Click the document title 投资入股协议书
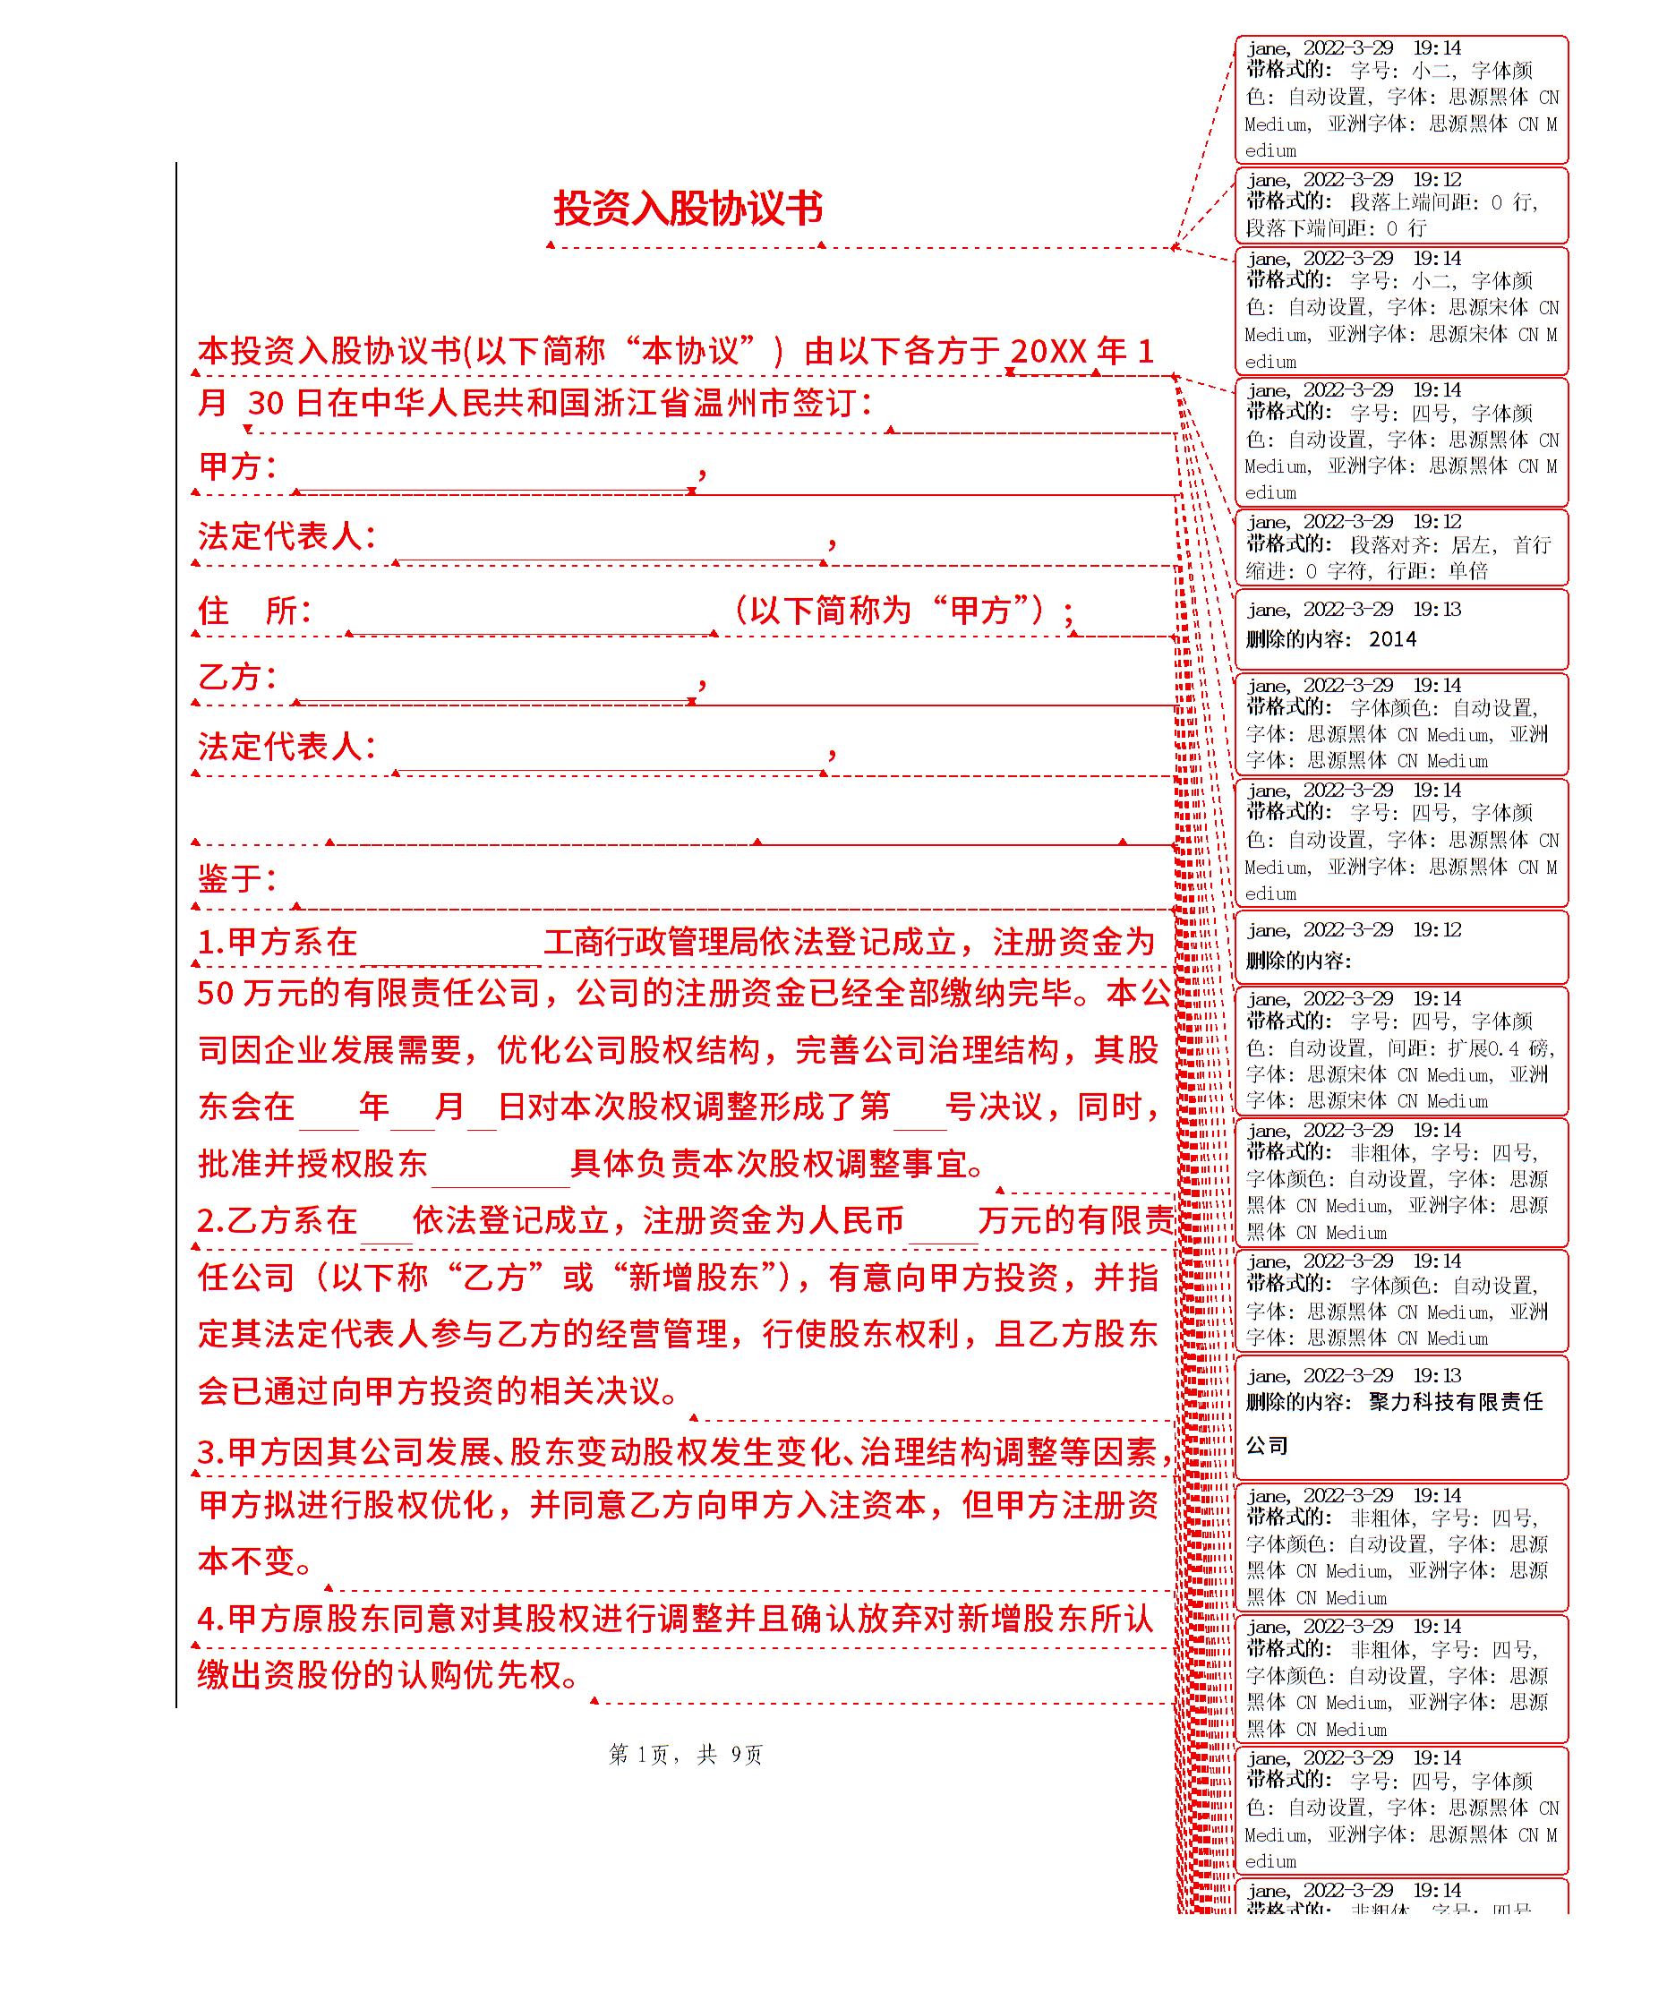688,209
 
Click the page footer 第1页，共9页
685,1754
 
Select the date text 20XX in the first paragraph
1048,352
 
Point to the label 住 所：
254,611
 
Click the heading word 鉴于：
237,878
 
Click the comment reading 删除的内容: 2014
1400,628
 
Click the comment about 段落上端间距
1400,205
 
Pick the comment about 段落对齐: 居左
1400,547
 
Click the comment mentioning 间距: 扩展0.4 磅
1400,1050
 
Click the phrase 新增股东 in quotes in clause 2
692,1278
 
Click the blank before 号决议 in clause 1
919,1107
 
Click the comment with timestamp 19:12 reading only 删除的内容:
1400,946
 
